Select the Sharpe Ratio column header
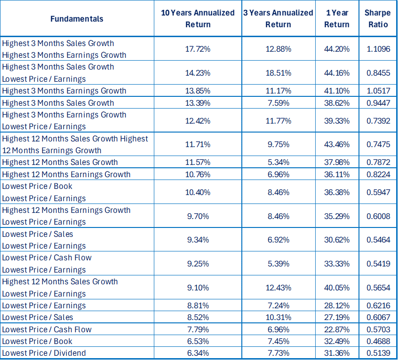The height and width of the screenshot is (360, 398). pos(378,19)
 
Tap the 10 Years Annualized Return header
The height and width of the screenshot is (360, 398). pos(198,19)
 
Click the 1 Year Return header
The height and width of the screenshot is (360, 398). pos(337,19)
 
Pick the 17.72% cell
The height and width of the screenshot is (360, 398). pos(198,49)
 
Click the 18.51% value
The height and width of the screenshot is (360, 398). pos(279,73)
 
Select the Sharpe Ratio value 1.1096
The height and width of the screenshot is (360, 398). pos(378,49)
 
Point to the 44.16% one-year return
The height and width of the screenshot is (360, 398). pos(337,73)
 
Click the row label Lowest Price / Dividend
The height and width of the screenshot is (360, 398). pos(44,353)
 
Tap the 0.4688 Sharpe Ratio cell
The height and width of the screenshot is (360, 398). pos(378,341)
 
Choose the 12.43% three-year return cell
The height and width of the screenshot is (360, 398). pos(279,288)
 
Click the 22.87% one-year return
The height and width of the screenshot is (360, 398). pos(337,329)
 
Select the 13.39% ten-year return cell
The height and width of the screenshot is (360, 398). pos(198,103)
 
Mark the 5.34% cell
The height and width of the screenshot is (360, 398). pos(279,162)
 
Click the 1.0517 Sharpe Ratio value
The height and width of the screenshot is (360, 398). pos(378,91)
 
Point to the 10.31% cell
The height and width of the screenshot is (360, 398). pos(279,317)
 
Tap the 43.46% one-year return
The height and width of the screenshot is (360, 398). pos(337,144)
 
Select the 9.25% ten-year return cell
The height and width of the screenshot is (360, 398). pos(198,264)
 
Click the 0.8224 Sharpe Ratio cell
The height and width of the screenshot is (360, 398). pos(378,174)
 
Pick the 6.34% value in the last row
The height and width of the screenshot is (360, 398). pos(198,353)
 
